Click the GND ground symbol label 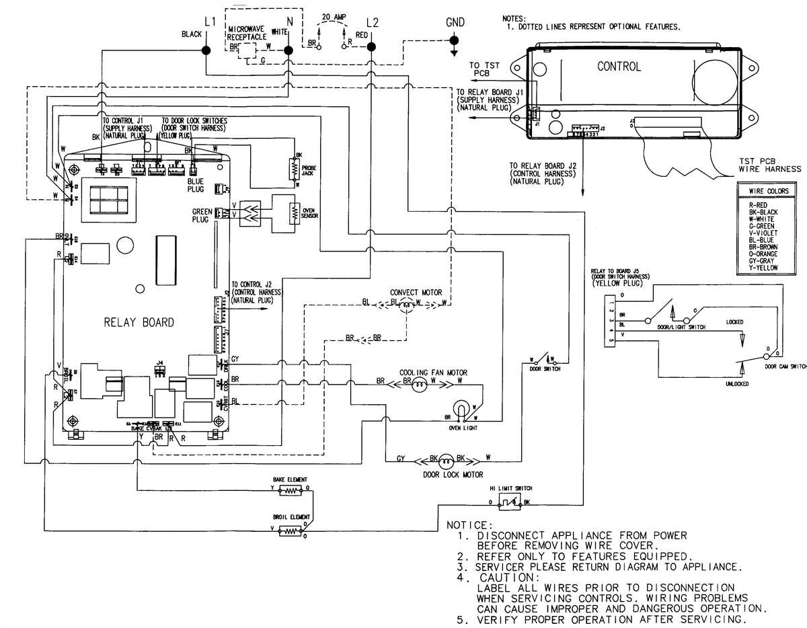455,22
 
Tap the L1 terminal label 209,22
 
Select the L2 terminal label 373,22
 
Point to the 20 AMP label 335,16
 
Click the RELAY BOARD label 139,322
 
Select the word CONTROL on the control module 619,67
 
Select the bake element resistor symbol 291,491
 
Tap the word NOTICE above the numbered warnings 469,524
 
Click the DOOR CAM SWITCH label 785,366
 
